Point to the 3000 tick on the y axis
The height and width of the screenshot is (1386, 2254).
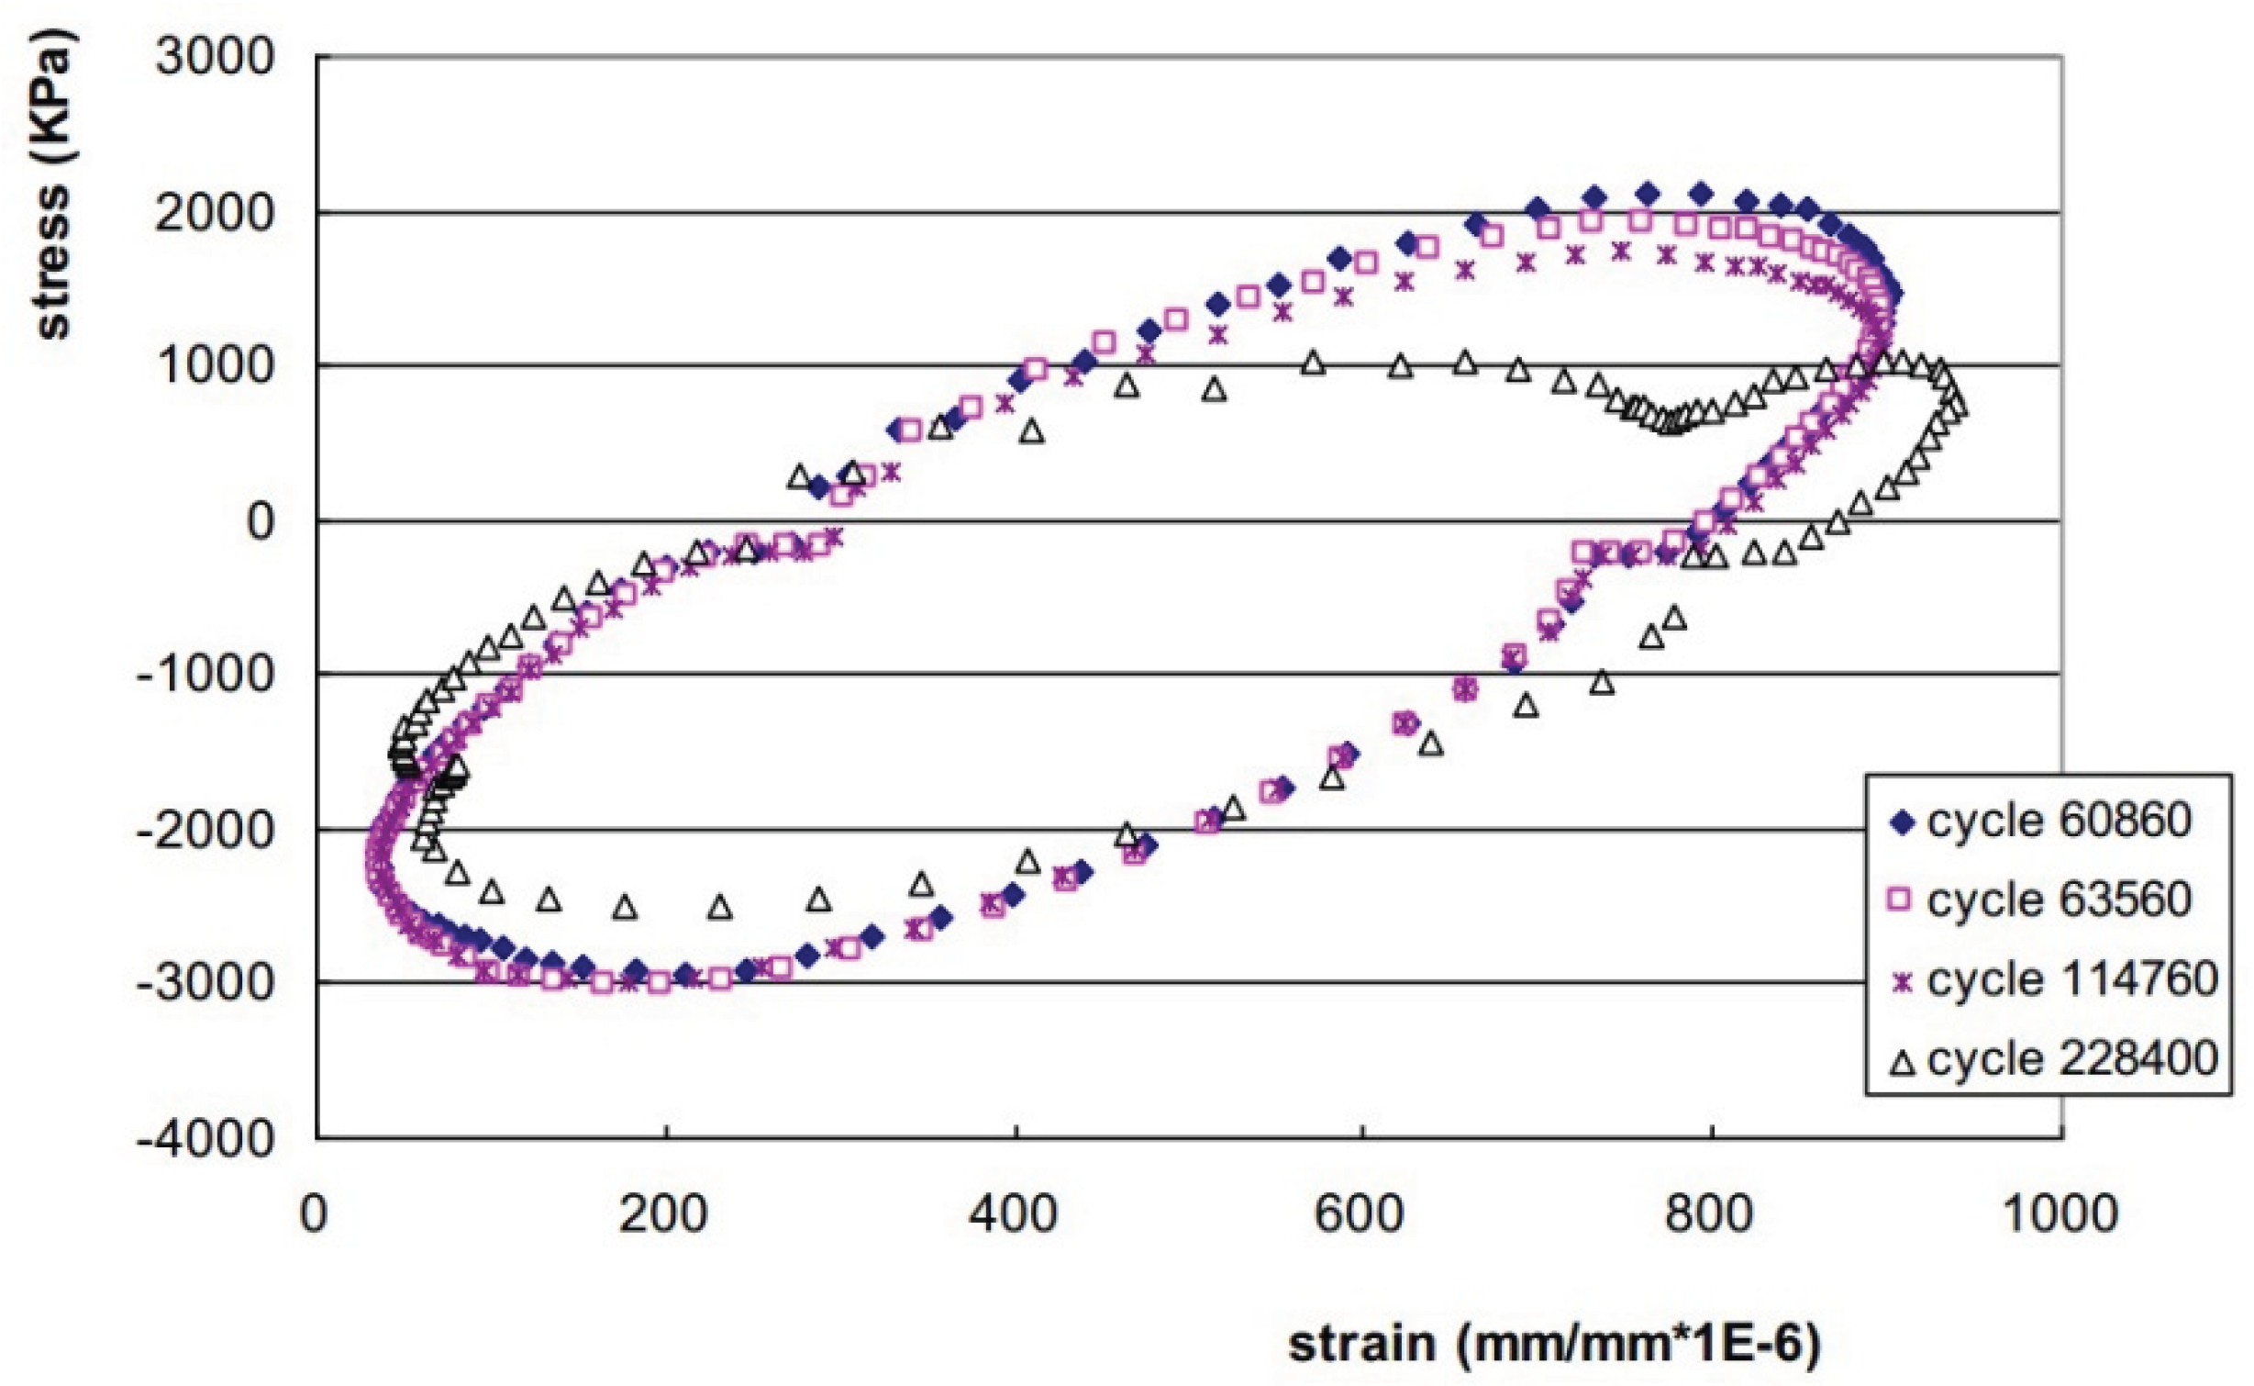[x=215, y=57]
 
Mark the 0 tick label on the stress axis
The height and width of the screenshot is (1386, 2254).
[x=260, y=521]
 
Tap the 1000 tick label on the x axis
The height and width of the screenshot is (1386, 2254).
[x=2059, y=1214]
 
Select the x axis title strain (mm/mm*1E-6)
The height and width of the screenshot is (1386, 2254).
[x=1554, y=1344]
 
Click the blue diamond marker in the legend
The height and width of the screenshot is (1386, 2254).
[x=1901, y=821]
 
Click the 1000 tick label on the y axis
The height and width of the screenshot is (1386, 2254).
[x=215, y=366]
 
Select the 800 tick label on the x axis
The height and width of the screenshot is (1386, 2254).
[x=1708, y=1214]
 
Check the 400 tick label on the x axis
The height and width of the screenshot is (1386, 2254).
[x=1012, y=1214]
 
